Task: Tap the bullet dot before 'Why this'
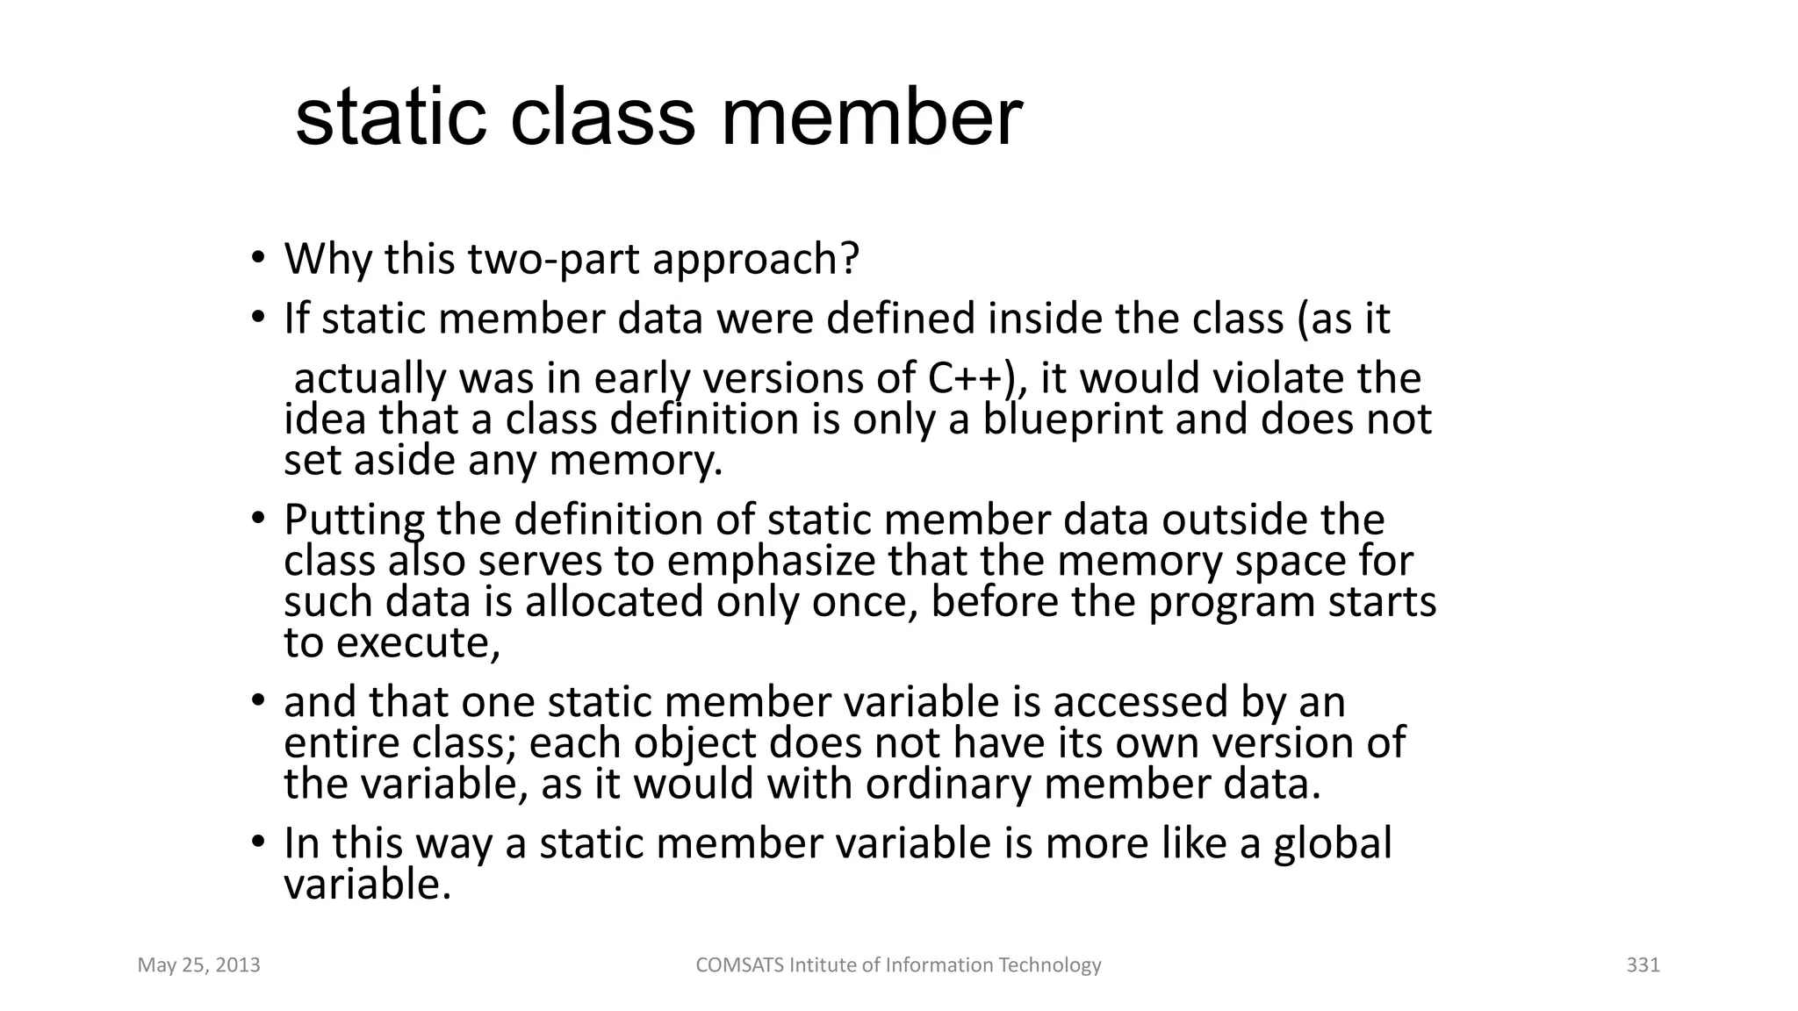point(257,258)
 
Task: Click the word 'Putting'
point(354,520)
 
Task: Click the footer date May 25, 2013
point(199,965)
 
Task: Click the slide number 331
point(1643,965)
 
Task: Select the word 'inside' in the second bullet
point(1045,319)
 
